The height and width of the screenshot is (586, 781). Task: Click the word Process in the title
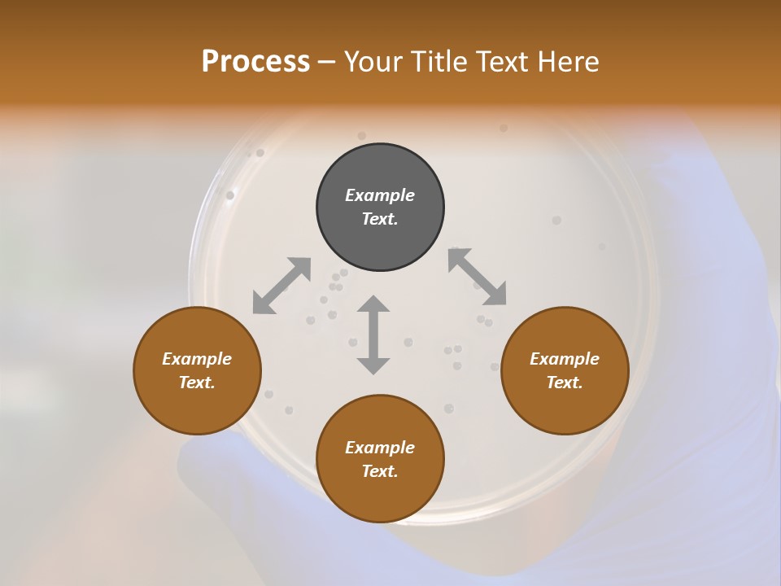point(255,62)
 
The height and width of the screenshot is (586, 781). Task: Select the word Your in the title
point(374,62)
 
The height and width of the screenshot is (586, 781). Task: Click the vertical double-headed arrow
point(373,335)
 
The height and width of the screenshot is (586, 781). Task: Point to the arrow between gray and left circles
point(281,286)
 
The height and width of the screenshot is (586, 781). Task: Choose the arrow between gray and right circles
point(477,277)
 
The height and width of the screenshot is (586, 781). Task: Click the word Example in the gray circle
point(380,195)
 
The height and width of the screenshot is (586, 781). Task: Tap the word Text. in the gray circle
point(380,219)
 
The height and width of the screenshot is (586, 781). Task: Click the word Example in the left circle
point(197,359)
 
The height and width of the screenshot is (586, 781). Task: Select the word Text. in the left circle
point(197,383)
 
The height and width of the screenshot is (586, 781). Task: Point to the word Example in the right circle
point(565,359)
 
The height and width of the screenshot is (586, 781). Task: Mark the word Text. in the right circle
point(565,383)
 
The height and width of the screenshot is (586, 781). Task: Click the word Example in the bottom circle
point(380,448)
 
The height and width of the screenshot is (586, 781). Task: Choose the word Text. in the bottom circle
point(380,471)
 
